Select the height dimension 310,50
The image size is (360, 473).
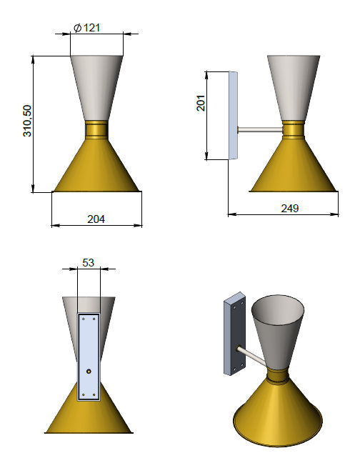(x=27, y=124)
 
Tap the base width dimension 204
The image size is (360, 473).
(x=96, y=219)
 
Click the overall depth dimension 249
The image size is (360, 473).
(x=289, y=208)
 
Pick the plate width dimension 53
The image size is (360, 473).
(x=89, y=263)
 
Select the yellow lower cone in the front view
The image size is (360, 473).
(x=97, y=168)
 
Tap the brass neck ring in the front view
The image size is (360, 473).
(x=97, y=130)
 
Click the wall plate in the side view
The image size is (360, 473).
(x=232, y=114)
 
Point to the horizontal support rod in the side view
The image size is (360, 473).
(x=259, y=130)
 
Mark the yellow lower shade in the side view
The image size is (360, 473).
(x=293, y=168)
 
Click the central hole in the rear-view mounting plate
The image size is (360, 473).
(x=89, y=372)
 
